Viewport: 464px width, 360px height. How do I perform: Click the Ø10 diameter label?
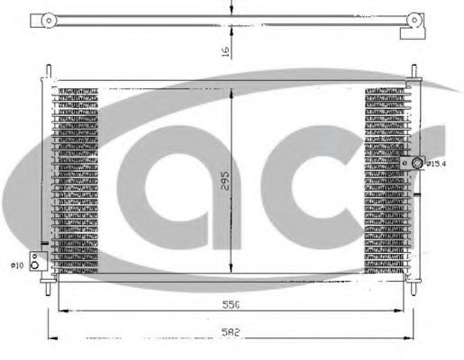point(15,265)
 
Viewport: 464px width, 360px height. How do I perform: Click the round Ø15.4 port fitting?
point(417,163)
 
